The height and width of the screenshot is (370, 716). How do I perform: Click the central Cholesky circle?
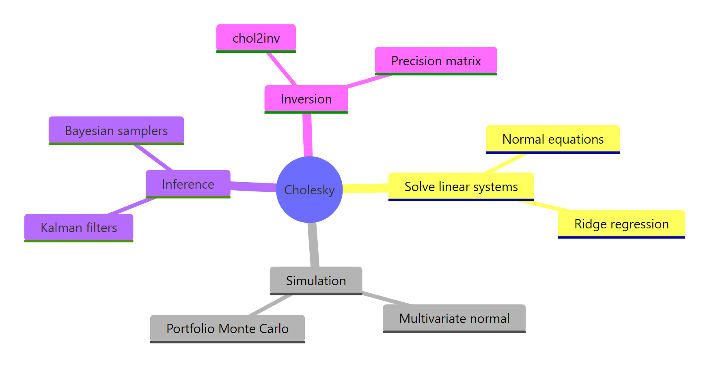309,189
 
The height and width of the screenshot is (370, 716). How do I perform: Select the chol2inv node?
256,38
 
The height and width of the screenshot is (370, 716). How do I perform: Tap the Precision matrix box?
436,61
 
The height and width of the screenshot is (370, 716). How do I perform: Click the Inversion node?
306,99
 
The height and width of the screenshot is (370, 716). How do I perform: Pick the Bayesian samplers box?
116,131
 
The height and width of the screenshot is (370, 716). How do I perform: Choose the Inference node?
188,184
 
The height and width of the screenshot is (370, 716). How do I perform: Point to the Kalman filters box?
79,228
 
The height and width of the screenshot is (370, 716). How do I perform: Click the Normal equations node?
553,139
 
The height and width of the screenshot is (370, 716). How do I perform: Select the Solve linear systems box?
461,187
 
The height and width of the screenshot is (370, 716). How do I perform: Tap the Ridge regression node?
621,224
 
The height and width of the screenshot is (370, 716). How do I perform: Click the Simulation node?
316,281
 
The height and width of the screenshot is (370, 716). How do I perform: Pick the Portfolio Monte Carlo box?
227,329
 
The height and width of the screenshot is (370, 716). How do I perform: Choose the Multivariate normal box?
454,318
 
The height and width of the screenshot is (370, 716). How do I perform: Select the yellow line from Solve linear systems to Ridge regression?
544,206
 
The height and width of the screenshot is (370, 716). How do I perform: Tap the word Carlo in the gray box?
274,329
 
